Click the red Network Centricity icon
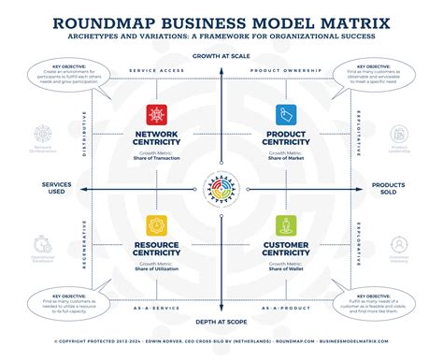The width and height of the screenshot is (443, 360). pos(156,115)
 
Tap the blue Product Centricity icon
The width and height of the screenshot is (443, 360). pos(286,115)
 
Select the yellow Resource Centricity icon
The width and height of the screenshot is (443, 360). pos(156,225)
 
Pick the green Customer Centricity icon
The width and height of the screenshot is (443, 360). pos(286,225)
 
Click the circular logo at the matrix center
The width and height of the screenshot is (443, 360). pos(221,186)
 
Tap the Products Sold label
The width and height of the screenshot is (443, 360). pos(387,190)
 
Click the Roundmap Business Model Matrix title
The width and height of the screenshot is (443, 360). pos(221,20)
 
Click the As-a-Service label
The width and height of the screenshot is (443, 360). pos(156,306)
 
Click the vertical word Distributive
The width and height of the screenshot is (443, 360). pos(86,133)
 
